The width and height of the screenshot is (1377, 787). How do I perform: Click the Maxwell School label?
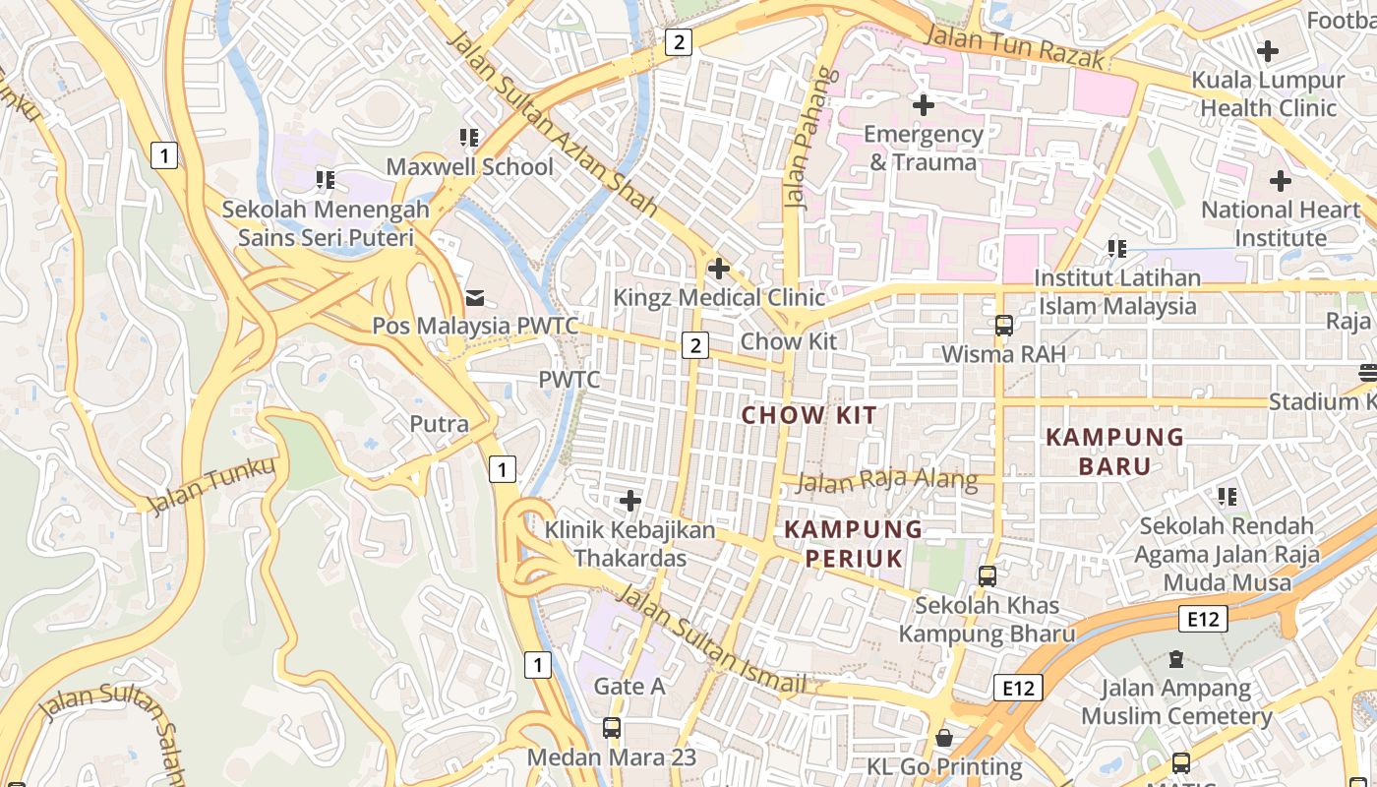(x=469, y=166)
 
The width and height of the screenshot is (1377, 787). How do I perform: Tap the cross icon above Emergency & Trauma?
(x=923, y=104)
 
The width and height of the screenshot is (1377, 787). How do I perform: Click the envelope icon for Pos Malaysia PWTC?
(x=475, y=296)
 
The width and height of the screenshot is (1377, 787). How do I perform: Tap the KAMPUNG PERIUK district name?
(x=853, y=544)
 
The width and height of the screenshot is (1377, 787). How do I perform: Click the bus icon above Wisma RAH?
(x=1003, y=325)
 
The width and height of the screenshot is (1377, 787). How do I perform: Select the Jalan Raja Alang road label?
(x=886, y=481)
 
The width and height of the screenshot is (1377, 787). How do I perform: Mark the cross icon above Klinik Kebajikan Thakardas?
(x=629, y=501)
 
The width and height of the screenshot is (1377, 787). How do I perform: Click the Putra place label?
(x=439, y=424)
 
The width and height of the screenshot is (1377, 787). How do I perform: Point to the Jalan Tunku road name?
(x=211, y=484)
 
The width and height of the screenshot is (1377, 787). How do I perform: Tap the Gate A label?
(x=629, y=687)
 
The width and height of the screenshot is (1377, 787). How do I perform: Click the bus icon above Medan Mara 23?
(x=611, y=728)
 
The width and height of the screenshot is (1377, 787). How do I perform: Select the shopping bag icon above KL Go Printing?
(x=944, y=737)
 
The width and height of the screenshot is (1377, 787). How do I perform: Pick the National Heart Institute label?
(x=1280, y=223)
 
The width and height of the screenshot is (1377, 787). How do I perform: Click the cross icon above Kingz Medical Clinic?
(x=719, y=268)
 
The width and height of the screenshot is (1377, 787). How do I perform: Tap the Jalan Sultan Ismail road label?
(x=715, y=639)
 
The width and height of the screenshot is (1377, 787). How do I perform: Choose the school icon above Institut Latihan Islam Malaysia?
(x=1116, y=248)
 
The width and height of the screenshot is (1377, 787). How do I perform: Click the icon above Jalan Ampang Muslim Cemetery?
(x=1176, y=658)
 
